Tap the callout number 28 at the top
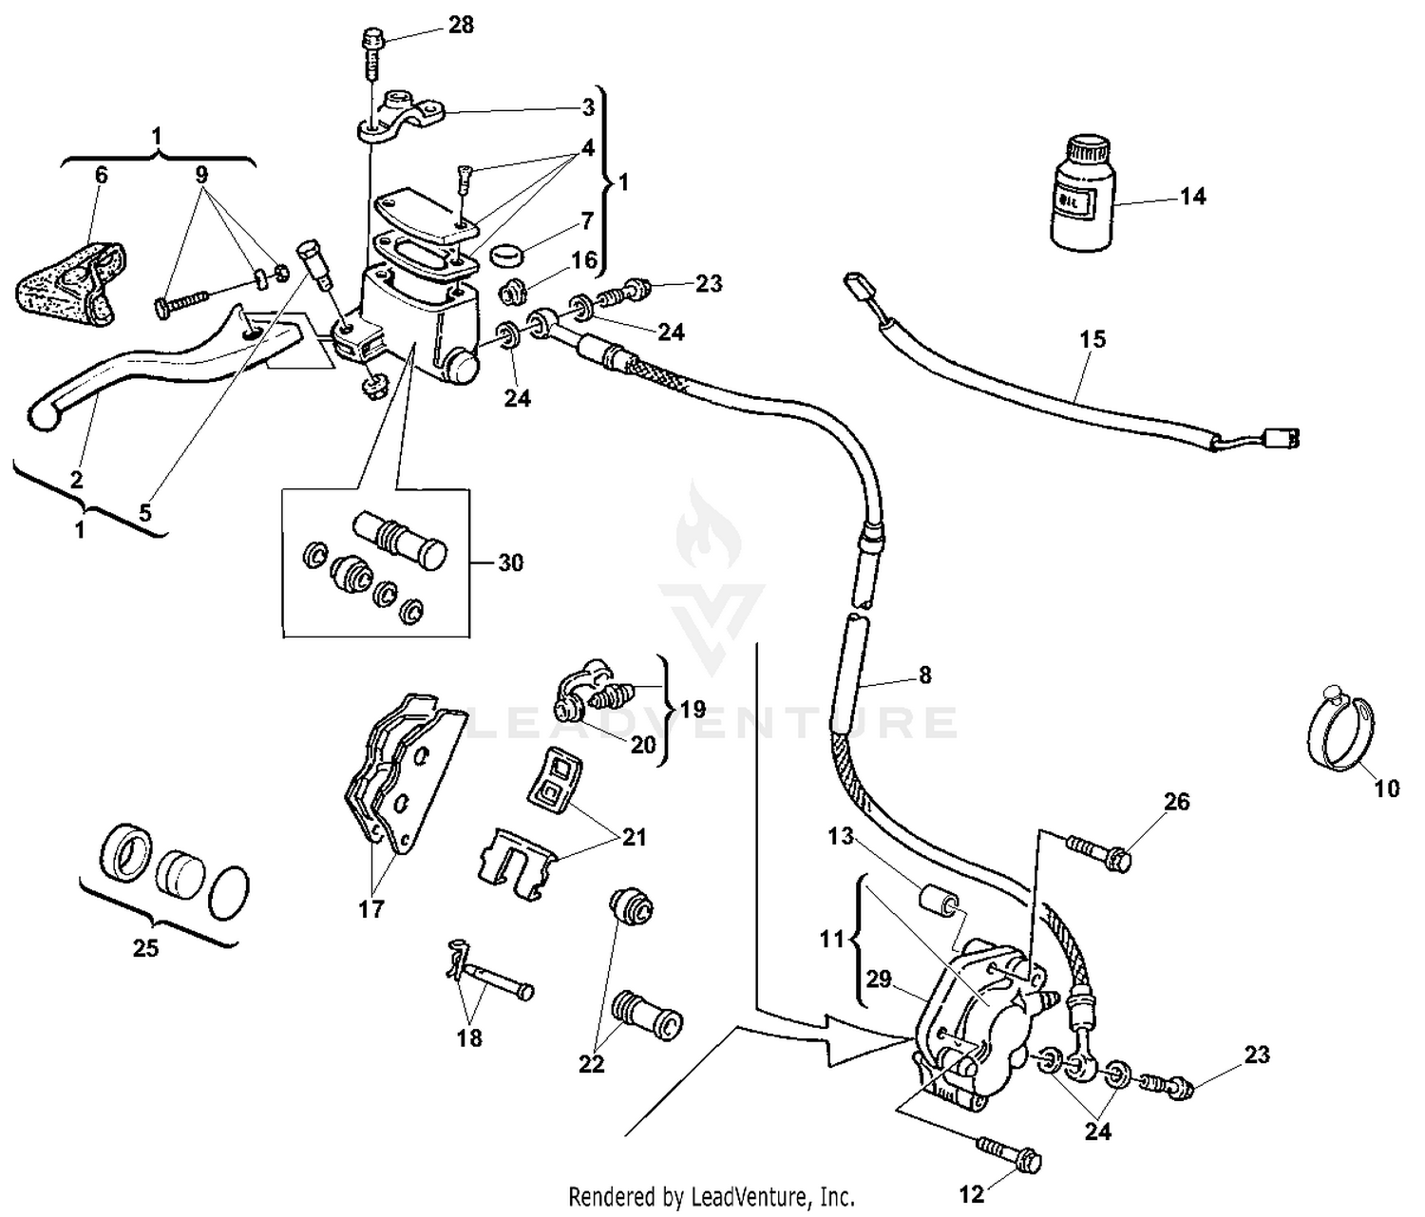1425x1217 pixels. coord(461,25)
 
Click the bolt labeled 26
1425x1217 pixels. coord(1099,850)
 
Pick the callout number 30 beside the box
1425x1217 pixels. coord(511,563)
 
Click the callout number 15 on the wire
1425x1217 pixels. coord(1092,339)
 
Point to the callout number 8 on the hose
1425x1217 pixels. coord(924,675)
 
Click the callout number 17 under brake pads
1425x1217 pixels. coord(371,909)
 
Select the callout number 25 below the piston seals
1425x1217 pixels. coord(145,948)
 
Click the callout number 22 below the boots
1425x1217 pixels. coord(591,1065)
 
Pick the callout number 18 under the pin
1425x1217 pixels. coord(469,1038)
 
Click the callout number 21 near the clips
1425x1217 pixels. coord(634,837)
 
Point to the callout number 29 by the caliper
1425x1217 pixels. coord(879,979)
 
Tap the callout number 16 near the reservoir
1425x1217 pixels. coord(584,259)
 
